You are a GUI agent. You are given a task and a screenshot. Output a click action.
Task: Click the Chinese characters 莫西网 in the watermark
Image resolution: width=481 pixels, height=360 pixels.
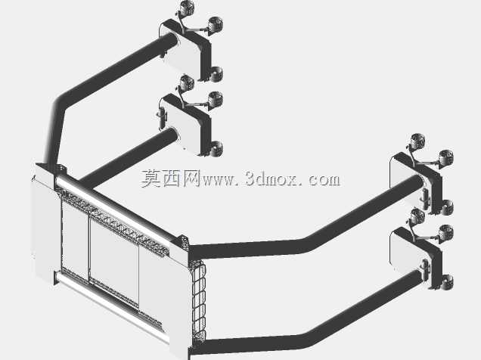(171, 178)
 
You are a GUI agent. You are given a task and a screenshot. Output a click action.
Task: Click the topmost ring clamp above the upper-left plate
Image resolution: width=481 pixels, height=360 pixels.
(187, 8)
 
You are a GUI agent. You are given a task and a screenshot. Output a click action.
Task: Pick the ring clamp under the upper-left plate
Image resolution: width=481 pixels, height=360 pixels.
(216, 74)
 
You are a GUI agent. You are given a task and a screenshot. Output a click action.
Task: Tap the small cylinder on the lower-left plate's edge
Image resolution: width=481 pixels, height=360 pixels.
(162, 119)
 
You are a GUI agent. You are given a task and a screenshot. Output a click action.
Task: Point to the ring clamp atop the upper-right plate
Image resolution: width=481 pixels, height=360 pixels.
(417, 141)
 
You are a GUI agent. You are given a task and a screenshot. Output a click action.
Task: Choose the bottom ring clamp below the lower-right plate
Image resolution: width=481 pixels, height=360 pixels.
(447, 282)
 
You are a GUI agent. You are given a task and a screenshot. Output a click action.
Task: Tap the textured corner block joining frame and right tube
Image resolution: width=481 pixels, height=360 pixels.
(183, 242)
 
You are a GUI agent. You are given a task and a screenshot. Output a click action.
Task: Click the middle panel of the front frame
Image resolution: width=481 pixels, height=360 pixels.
(114, 261)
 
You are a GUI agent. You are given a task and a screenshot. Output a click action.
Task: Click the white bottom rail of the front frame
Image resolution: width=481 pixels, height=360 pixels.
(110, 303)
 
